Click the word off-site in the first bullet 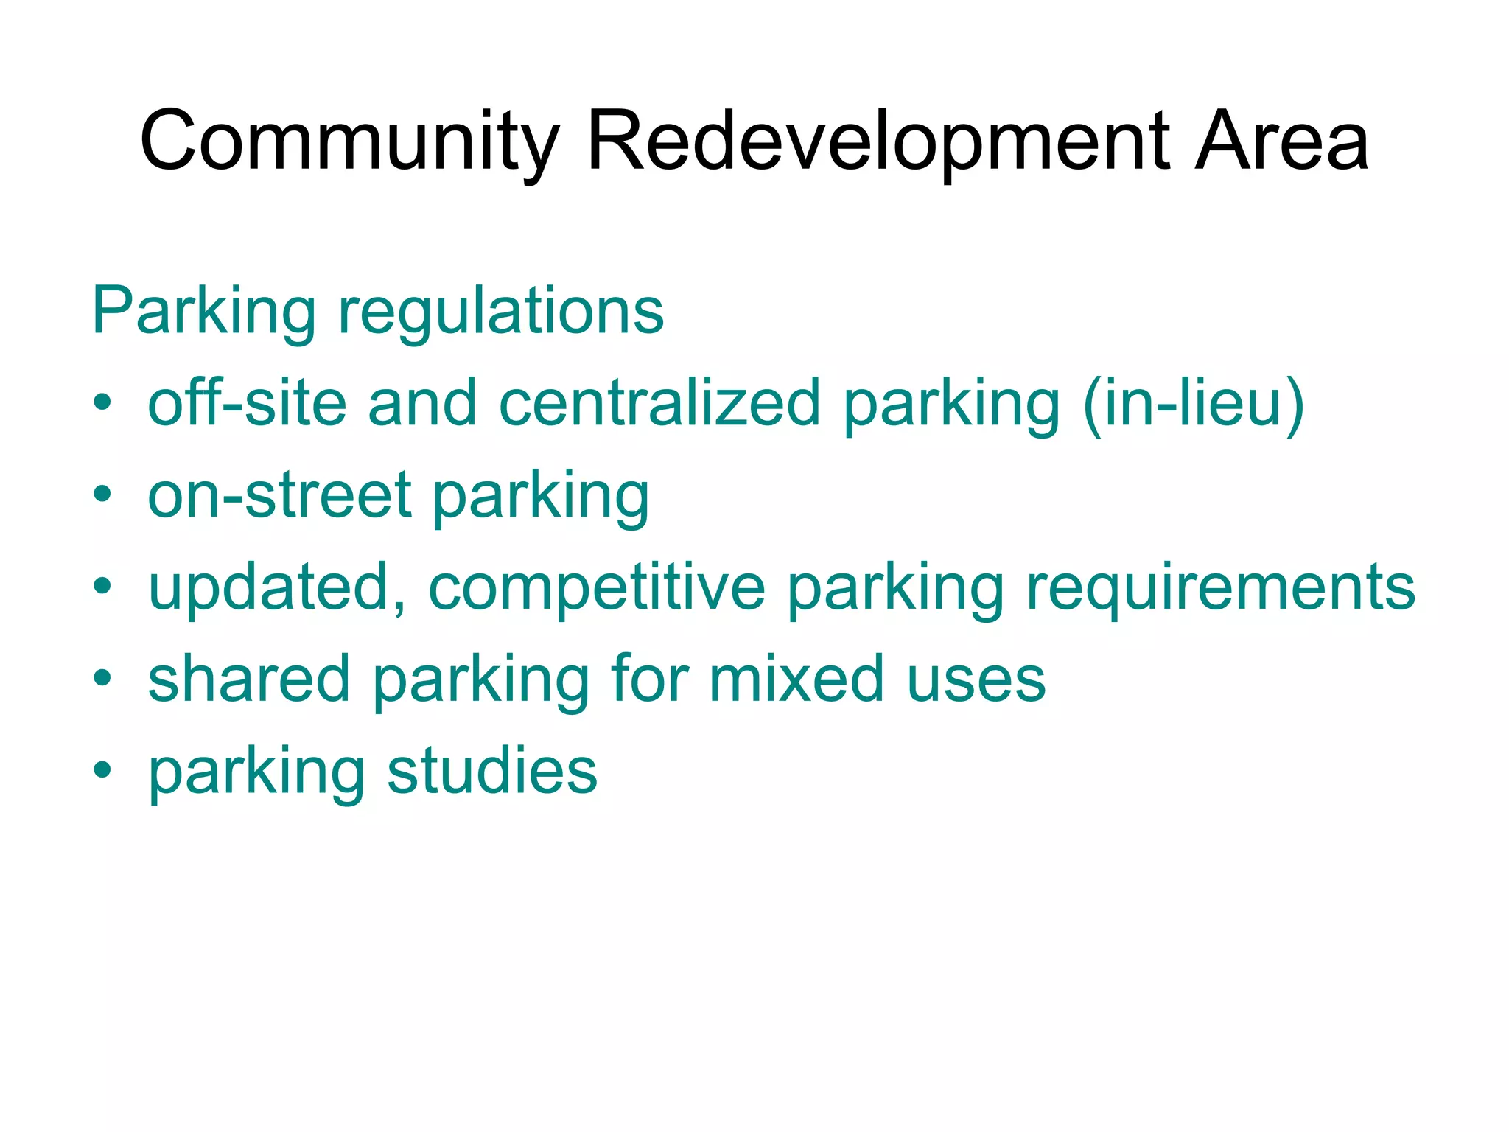click(247, 403)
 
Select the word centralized click(659, 403)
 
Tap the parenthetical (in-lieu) click(1194, 403)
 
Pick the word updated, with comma click(277, 587)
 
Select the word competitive click(597, 587)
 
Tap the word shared click(248, 679)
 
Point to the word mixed click(796, 679)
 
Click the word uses click(976, 679)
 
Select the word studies click(491, 771)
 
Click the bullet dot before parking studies click(102, 771)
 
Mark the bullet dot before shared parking click(102, 679)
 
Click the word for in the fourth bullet click(649, 679)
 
